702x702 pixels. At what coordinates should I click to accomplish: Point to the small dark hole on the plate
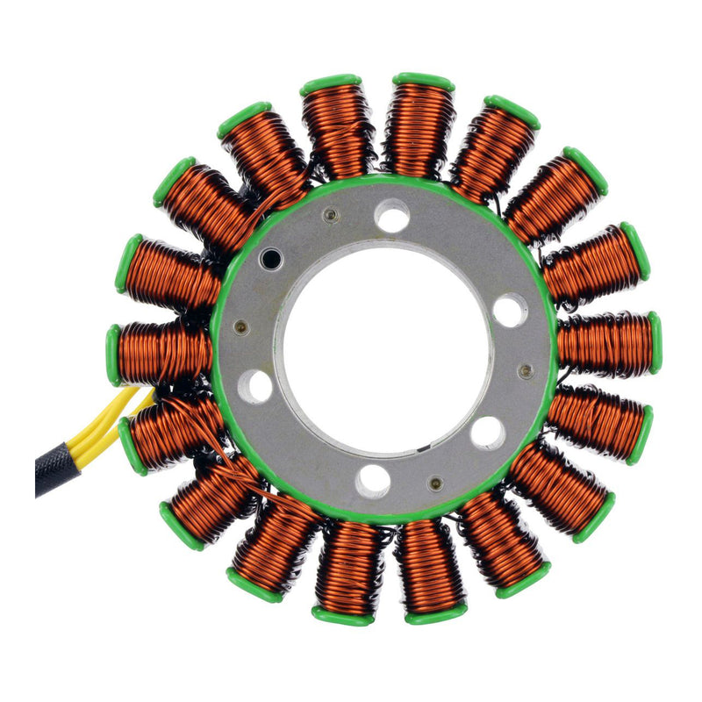click(x=271, y=258)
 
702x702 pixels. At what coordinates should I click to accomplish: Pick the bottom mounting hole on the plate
click(x=374, y=480)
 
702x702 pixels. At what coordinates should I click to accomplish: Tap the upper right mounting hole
click(x=510, y=310)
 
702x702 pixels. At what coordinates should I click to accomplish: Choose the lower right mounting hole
click(x=487, y=432)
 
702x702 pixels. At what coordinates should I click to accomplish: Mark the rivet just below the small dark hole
click(x=241, y=327)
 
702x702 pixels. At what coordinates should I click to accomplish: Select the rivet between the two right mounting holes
click(x=526, y=371)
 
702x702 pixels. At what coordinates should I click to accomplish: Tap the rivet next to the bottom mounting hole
click(x=434, y=483)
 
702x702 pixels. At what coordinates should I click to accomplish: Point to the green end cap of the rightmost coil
click(x=655, y=342)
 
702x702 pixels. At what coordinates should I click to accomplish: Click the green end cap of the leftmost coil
click(x=113, y=355)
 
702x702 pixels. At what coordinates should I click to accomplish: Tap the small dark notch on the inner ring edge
click(x=424, y=451)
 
